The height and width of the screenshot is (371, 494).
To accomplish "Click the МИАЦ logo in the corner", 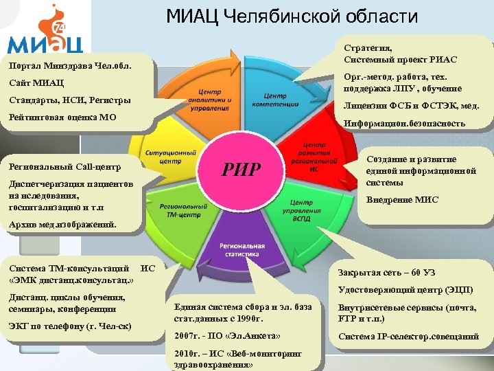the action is point(45,32).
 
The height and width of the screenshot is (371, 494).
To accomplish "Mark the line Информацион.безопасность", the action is point(410,124).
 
